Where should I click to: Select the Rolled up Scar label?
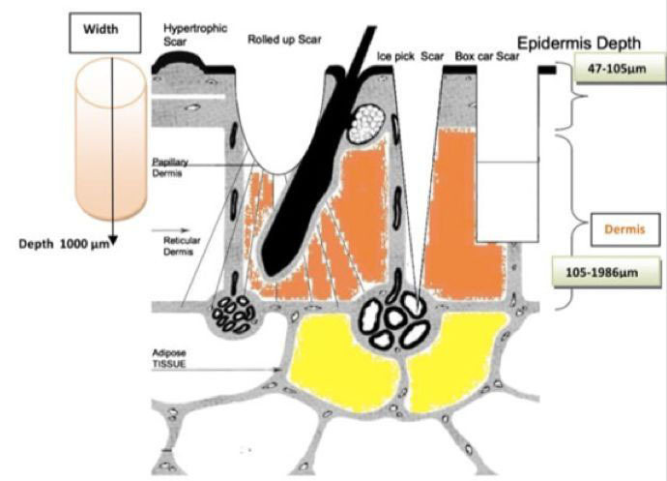pos(284,40)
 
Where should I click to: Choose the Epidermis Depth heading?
pos(591,44)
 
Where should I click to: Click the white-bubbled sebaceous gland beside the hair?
pos(366,125)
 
